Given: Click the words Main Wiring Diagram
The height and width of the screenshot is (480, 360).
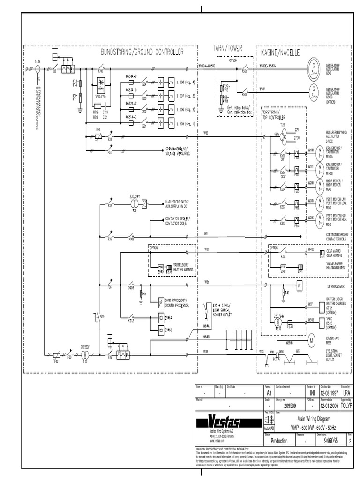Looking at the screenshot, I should pyautogui.click(x=317, y=418).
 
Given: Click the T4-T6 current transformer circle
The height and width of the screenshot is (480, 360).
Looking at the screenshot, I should pyautogui.click(x=38, y=68).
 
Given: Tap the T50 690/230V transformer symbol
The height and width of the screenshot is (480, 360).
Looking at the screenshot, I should pyautogui.click(x=85, y=356).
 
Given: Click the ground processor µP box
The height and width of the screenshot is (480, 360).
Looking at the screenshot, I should pyautogui.click(x=161, y=300).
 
